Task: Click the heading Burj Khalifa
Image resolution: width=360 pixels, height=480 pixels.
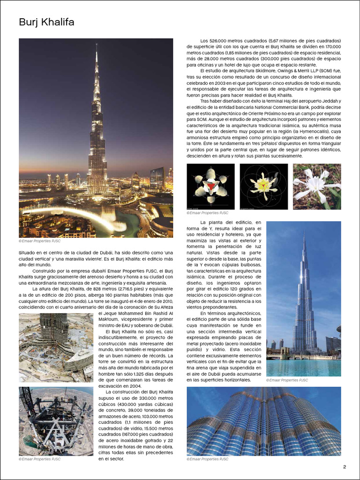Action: pos(46,22)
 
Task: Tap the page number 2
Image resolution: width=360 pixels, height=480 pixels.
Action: pos(345,466)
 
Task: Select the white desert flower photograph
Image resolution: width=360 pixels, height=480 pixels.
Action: pos(317,186)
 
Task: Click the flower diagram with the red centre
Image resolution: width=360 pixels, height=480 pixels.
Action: pos(210,186)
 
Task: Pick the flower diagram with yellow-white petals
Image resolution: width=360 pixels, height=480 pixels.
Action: pos(263,186)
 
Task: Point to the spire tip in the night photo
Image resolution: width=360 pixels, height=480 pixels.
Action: pos(96,45)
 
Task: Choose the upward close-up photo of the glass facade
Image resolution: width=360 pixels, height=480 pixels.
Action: pos(263,421)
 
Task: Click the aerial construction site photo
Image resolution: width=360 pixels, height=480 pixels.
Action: pos(56,347)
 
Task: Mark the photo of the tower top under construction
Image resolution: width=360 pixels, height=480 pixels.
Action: pos(56,421)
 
